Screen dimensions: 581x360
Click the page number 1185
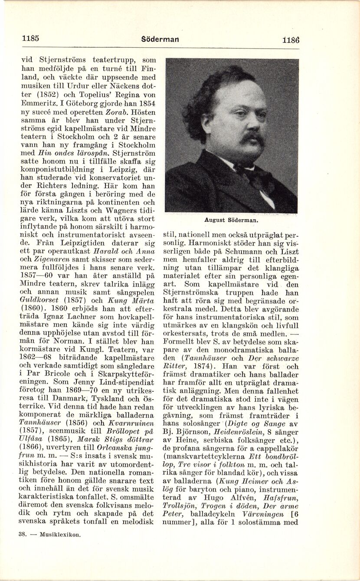(30, 38)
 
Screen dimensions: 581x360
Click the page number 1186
(290, 39)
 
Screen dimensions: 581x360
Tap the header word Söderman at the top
(160, 39)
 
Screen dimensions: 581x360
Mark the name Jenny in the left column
(88, 382)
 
